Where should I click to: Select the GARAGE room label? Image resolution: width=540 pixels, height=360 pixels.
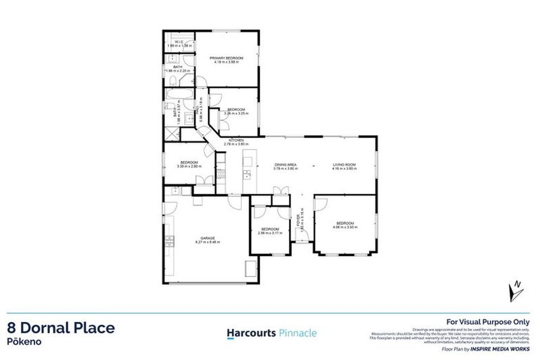coord(207,238)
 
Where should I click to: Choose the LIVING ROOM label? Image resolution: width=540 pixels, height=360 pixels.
coord(345,165)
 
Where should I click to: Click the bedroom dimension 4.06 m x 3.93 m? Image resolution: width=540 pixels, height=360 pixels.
coord(344,227)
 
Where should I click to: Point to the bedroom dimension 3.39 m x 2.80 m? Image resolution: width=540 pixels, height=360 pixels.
coord(189,167)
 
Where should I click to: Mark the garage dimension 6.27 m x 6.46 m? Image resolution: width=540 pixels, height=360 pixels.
coord(207,243)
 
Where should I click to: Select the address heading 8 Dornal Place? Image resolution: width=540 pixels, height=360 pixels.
coord(60,328)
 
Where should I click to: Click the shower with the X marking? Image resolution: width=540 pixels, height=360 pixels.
coord(171,133)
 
